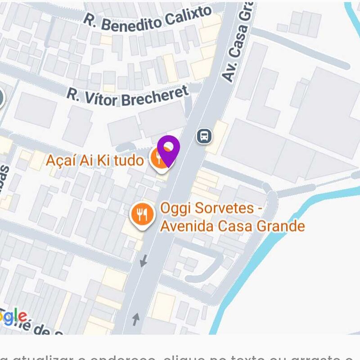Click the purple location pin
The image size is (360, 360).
[x=169, y=150]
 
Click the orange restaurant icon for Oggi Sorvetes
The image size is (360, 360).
[x=142, y=215]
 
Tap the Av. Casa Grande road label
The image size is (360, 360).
[x=237, y=45]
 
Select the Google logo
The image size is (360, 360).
[x=13, y=317]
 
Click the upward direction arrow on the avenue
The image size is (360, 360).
[x=135, y=319]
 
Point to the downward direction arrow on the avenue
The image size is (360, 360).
[x=144, y=260]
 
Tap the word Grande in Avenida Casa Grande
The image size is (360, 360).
[x=279, y=225]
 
